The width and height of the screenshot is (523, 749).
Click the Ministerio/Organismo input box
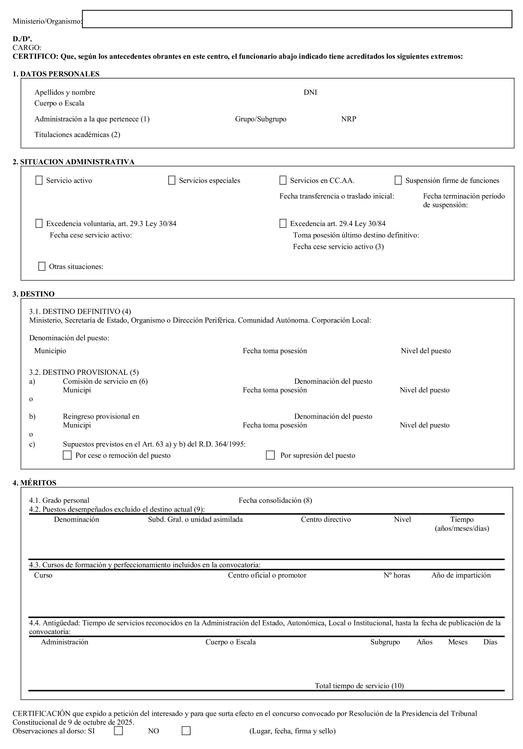tap(297, 19)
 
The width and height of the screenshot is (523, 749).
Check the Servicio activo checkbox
tap(39, 181)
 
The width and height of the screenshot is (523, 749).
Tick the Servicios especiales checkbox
tap(172, 181)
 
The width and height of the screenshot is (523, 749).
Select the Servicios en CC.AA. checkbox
tap(283, 181)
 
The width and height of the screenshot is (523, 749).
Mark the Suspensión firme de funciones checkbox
tap(398, 181)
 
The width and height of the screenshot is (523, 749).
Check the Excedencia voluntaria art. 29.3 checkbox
tap(39, 223)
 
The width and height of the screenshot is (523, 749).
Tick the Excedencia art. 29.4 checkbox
tap(283, 223)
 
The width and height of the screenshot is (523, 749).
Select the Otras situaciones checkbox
tap(42, 267)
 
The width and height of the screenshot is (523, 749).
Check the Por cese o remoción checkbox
tap(67, 455)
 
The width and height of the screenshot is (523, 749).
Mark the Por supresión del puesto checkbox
tap(270, 455)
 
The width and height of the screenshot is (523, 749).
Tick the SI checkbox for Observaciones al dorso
tap(118, 731)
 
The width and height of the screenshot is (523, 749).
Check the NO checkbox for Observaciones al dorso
tap(186, 731)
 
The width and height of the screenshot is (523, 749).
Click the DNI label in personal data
tap(310, 92)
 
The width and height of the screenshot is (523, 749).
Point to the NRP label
tap(348, 119)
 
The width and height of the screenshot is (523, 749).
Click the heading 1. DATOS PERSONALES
tap(56, 74)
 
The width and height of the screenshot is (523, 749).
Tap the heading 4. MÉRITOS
tap(34, 483)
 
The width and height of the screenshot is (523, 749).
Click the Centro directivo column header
tap(326, 519)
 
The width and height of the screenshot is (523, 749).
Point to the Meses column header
tap(457, 642)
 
